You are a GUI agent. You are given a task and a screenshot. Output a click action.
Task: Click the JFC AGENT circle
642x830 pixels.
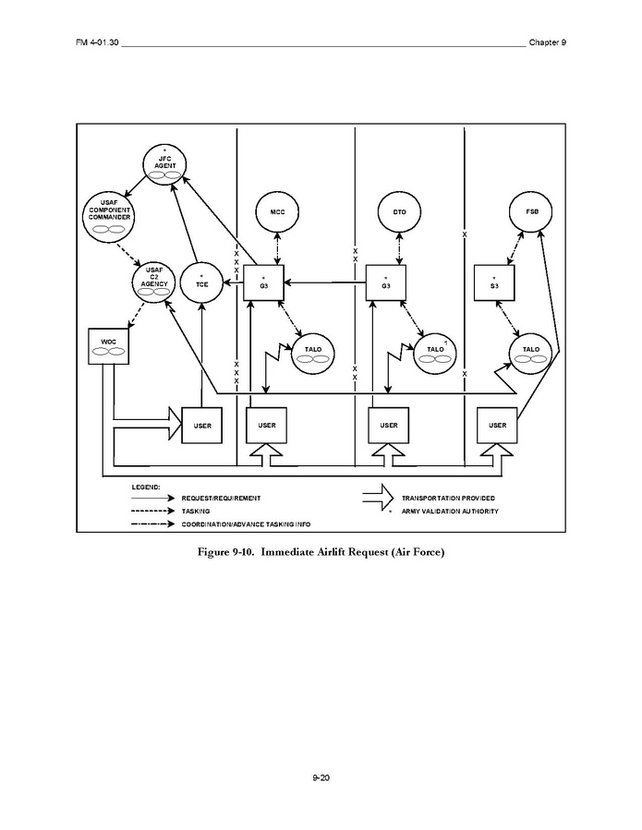pos(164,164)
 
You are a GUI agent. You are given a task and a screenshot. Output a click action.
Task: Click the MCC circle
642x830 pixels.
pos(275,212)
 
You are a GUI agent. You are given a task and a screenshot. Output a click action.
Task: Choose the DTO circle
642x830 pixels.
pos(399,212)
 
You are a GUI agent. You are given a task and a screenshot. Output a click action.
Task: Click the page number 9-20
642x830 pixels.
pos(321,778)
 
